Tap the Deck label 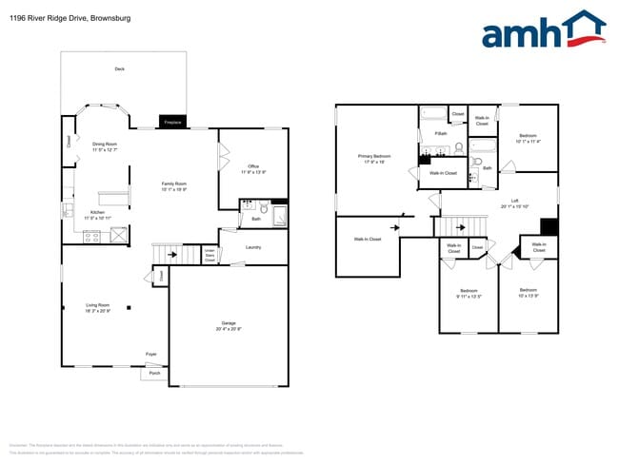119,69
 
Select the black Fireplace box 172,123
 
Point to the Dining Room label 105,146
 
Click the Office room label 253,169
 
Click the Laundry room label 253,247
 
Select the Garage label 230,325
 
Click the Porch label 155,374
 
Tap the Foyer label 150,354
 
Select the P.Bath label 441,133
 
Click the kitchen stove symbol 92,239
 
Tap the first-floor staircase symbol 169,252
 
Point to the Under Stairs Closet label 210,255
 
